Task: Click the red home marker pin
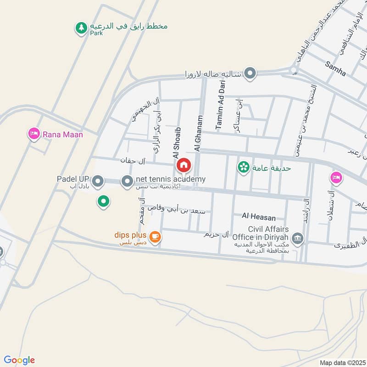tap(183, 165)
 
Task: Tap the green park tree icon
tap(81, 28)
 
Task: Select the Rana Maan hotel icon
tap(33, 134)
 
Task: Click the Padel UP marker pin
tap(97, 182)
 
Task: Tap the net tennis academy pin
tap(127, 181)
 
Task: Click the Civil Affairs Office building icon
tap(297, 238)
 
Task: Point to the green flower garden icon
tap(243, 167)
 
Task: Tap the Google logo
tap(19, 360)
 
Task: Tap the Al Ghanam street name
tap(198, 133)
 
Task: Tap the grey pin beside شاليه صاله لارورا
tap(250, 73)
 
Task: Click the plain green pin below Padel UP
tap(104, 201)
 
